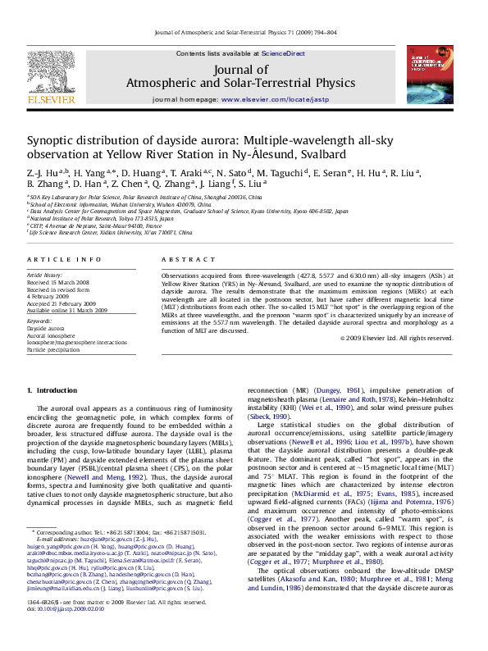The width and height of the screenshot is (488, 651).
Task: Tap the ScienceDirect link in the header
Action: click(x=283, y=53)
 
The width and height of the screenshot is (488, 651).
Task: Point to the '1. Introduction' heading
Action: click(x=52, y=389)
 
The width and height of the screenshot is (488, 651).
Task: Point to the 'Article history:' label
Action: click(x=45, y=275)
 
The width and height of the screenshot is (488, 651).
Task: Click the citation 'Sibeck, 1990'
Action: click(x=273, y=416)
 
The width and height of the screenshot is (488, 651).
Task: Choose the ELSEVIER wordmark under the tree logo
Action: click(x=51, y=100)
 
